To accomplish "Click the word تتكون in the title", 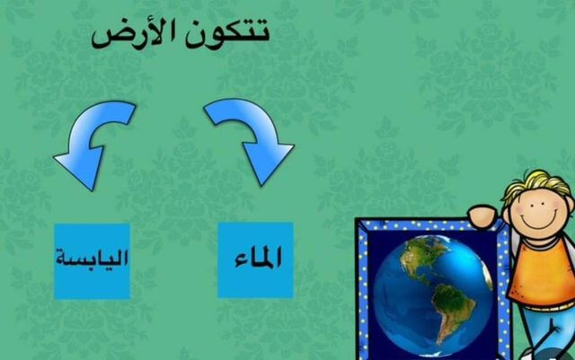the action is (x=227, y=34).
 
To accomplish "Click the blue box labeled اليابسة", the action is (x=92, y=261).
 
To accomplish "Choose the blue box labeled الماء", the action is (x=255, y=259).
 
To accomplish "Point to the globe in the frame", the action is (x=433, y=296).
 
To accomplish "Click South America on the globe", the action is (x=453, y=312).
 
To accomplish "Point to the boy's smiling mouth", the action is (x=538, y=222).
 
